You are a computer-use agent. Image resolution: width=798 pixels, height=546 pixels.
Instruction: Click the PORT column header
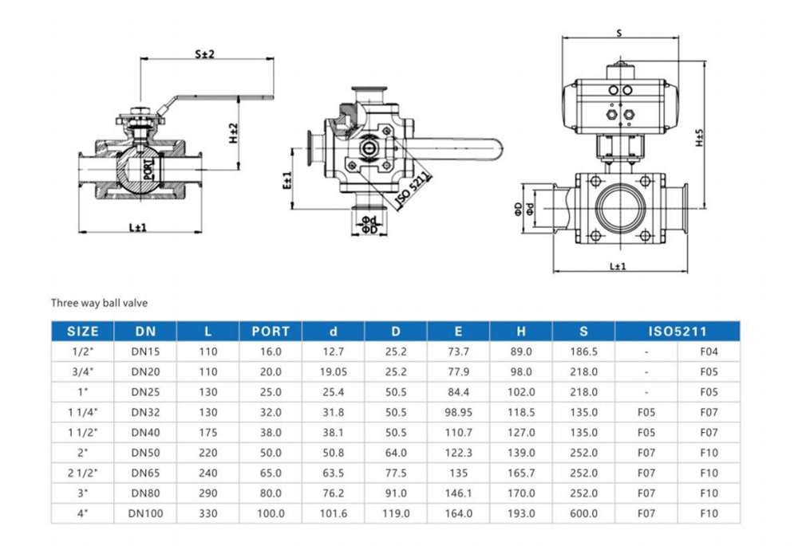271,332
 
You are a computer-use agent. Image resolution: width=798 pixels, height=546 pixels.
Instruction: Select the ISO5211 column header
678,332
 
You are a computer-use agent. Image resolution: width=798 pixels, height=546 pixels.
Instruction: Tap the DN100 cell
145,513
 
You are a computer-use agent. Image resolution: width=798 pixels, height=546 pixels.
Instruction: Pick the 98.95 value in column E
458,412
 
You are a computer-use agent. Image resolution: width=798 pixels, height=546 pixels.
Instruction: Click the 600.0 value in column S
584,513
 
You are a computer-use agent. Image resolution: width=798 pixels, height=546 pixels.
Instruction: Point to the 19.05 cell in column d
334,371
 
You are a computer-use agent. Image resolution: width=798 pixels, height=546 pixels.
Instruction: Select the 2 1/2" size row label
83,473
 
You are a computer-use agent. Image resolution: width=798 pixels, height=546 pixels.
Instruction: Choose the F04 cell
709,352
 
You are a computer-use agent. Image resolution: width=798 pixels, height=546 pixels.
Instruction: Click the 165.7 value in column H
521,473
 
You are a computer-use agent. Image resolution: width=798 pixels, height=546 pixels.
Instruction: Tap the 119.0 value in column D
396,513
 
